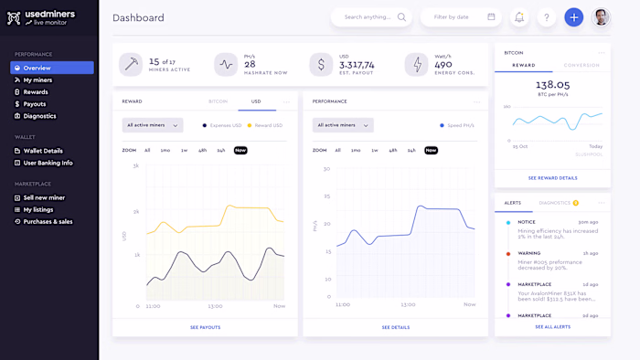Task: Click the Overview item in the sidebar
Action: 51,68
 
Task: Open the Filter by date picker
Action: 464,17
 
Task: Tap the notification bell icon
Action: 519,17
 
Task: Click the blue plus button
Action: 573,17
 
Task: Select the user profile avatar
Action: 601,17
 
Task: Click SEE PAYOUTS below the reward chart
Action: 205,327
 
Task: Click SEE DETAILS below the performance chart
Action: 395,327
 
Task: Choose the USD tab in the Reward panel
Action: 256,101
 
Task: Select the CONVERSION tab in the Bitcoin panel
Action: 581,66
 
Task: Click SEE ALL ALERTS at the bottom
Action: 552,326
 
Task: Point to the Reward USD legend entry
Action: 265,125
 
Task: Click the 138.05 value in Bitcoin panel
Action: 552,84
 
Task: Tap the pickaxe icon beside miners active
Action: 131,65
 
